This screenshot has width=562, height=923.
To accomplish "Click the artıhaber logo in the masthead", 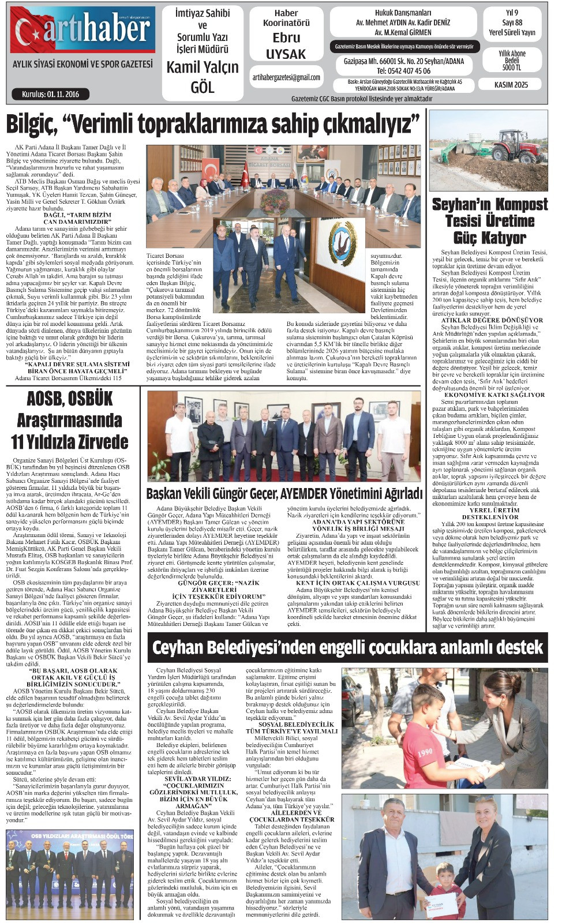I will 83,29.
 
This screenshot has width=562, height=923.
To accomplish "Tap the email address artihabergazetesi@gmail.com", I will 286,77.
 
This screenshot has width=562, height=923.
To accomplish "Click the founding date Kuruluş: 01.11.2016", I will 51,94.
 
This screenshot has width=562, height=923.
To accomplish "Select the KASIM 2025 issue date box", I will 511,84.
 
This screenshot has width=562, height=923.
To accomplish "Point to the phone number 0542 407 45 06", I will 403,71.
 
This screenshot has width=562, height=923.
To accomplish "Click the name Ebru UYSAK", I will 286,46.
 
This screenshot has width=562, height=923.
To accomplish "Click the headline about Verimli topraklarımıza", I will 212,123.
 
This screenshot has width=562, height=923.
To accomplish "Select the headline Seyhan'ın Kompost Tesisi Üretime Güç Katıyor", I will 489,221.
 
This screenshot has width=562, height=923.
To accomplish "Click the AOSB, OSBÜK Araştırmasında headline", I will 69,420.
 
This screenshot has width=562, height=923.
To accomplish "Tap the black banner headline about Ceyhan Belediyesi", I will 348,647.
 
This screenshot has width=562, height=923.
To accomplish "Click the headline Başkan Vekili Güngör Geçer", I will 284,494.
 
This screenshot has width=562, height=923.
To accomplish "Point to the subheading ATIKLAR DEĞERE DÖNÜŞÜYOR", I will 492,320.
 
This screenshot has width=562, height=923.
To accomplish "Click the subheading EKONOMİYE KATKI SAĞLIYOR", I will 494,395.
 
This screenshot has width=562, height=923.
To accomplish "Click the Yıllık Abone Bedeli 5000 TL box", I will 511,60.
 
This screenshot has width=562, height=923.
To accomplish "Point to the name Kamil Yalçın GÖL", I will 202,77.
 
